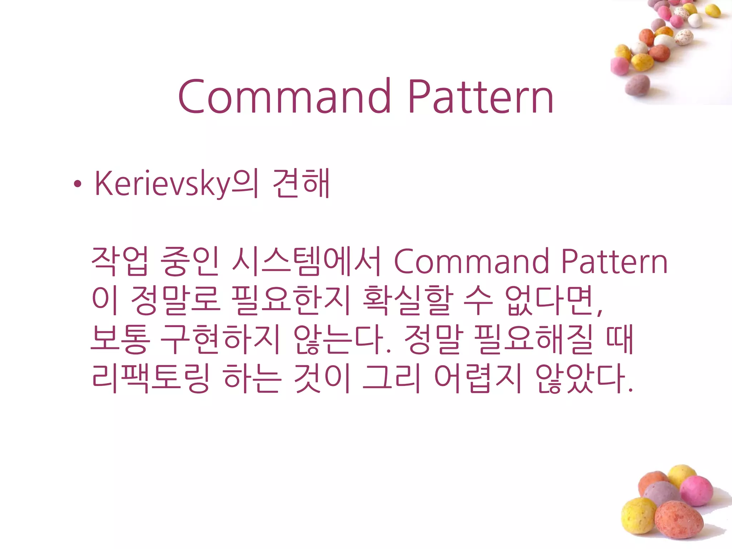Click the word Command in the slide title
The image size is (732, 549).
[x=285, y=97]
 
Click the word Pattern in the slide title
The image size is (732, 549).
[x=480, y=97]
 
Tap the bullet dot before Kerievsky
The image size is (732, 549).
[x=77, y=184]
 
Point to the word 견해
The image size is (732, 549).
[x=301, y=184]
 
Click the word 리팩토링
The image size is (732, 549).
[x=150, y=378]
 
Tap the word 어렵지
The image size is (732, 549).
[x=478, y=378]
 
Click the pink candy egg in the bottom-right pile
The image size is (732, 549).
[x=696, y=491]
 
